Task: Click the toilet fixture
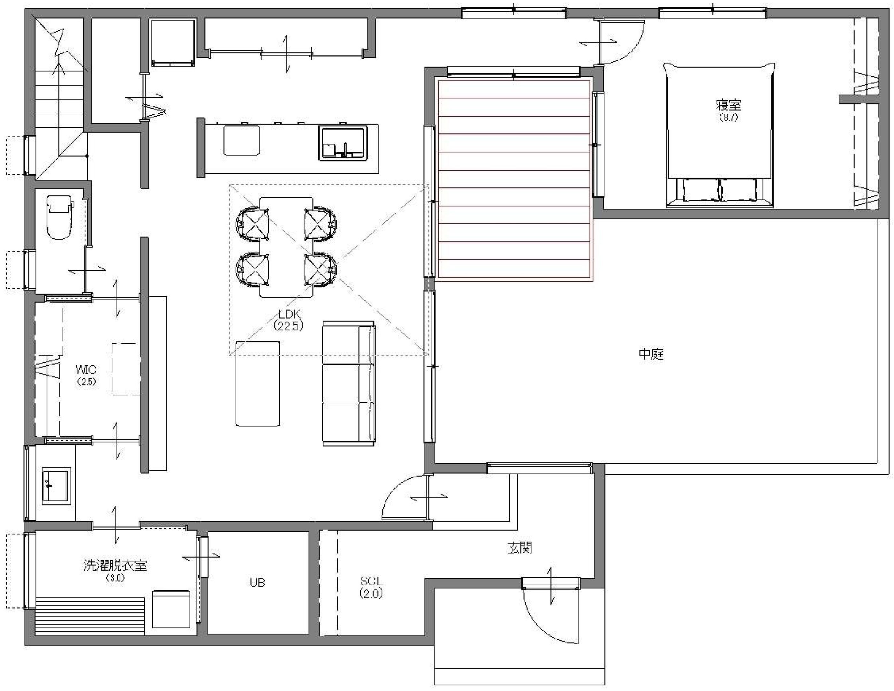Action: coord(60,217)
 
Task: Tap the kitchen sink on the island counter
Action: coord(343,144)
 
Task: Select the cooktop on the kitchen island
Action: coord(241,140)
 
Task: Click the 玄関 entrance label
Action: coord(520,548)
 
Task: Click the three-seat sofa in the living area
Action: coord(349,383)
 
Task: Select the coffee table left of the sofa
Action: coord(258,383)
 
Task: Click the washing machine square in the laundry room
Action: coord(171,609)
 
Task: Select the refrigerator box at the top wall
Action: coord(172,42)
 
